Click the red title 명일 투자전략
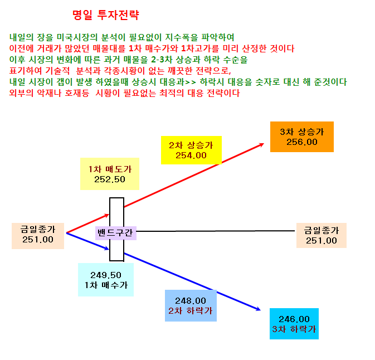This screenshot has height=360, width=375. point(105,15)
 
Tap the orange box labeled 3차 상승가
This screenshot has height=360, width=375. point(302,137)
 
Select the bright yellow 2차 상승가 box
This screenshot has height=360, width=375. point(191,150)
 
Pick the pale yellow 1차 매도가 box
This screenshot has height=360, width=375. point(110,174)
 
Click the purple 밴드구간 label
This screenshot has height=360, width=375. point(116,233)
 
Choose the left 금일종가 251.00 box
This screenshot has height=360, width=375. point(38,236)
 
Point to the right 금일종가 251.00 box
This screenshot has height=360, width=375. point(322,235)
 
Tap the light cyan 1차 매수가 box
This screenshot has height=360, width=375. point(106,280)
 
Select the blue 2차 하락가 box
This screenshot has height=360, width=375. point(191,305)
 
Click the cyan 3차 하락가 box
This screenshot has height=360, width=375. point(294,324)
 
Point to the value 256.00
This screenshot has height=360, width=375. point(302,142)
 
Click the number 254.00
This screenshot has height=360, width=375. point(191,155)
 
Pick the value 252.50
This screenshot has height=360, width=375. point(110,179)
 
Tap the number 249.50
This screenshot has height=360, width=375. point(106,275)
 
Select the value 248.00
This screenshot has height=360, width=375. point(191,301)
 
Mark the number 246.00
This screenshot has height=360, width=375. point(294,319)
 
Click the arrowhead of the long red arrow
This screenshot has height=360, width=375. point(262,144)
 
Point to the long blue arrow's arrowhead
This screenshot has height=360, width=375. point(259,309)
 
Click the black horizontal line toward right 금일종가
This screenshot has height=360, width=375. point(216,231)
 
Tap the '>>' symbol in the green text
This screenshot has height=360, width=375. point(191,82)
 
